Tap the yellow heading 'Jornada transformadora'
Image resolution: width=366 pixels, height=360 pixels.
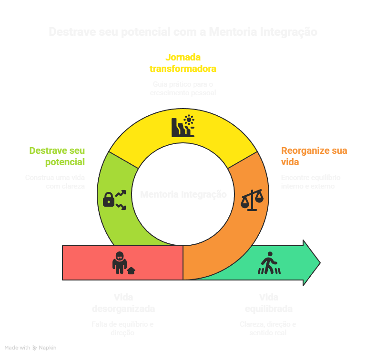(183, 63)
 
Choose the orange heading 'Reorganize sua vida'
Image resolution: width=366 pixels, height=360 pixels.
(314, 156)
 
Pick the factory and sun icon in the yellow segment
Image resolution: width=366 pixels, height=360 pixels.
(183, 126)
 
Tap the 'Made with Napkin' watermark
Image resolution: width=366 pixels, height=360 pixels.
(30, 348)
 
